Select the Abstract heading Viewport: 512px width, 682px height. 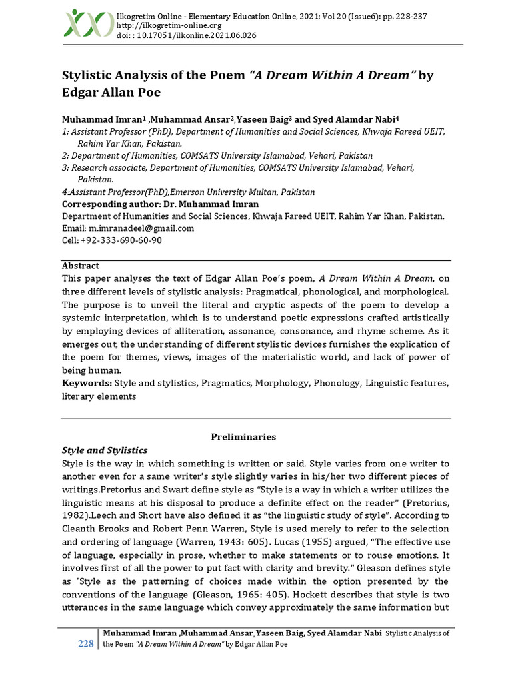[x=81, y=266]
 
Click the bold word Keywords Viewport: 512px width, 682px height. [x=87, y=383]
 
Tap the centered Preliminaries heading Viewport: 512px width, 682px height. [x=243, y=437]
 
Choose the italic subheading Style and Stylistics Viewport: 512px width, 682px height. [x=105, y=450]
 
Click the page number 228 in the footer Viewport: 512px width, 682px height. [x=86, y=643]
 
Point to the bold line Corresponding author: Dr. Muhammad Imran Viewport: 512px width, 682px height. [x=160, y=204]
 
